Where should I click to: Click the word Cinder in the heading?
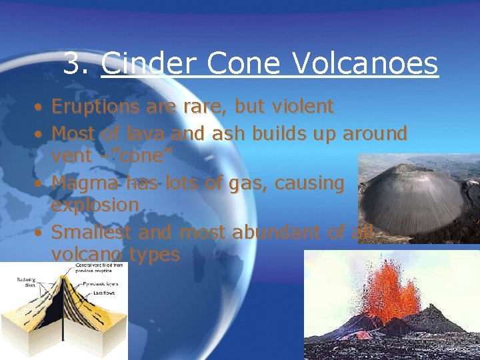(149, 64)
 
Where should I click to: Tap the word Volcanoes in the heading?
(366, 64)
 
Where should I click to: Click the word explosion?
(95, 205)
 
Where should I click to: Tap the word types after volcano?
(154, 254)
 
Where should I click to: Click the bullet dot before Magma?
(40, 183)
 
